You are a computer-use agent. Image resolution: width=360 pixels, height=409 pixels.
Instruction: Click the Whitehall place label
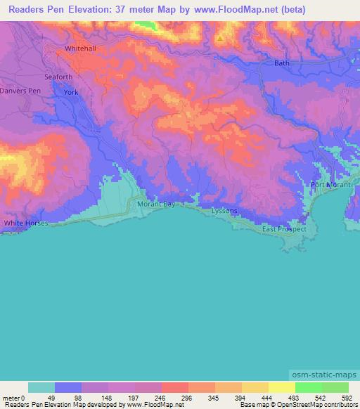79,48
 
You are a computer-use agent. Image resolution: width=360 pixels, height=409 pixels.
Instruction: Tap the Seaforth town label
60,77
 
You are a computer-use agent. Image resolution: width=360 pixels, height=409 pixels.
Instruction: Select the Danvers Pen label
20,92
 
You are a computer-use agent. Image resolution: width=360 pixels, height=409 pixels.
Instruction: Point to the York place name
71,92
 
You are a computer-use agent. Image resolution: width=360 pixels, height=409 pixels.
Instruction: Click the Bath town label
281,63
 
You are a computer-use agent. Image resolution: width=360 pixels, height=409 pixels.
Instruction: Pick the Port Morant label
330,185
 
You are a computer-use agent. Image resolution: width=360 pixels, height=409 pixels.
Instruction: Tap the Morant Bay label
155,204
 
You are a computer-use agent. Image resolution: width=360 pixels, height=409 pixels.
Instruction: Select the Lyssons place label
225,211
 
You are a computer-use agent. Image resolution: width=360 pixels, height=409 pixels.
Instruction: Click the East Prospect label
284,229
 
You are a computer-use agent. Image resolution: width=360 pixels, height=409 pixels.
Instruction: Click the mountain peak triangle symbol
220,38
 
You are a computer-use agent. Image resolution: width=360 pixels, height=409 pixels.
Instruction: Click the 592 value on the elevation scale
347,398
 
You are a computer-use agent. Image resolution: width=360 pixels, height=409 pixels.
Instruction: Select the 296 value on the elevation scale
186,398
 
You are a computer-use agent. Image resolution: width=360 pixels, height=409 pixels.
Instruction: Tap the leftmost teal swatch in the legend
41,387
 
